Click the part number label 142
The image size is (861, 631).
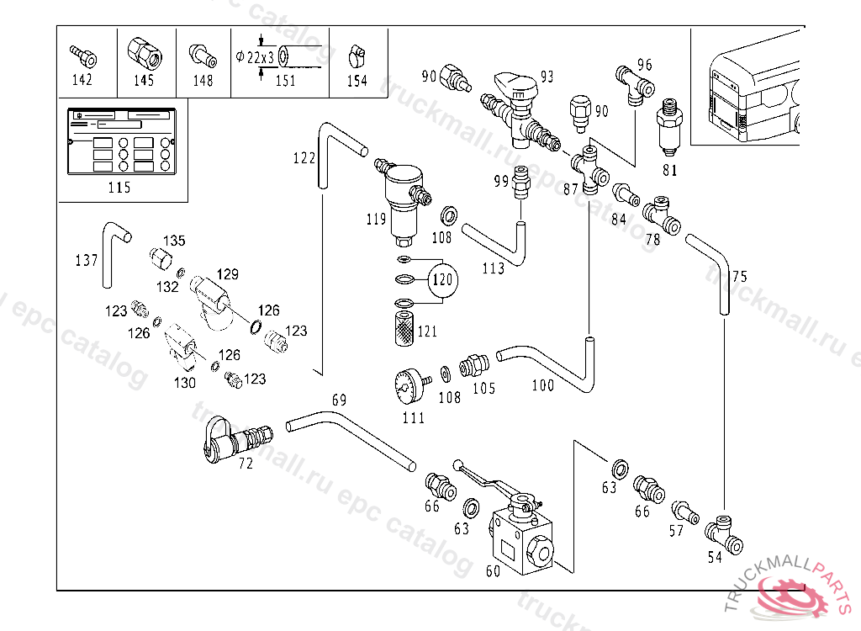tap(82, 81)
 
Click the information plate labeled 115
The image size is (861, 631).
tap(119, 141)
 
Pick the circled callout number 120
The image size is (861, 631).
tap(442, 279)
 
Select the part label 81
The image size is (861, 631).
tap(669, 170)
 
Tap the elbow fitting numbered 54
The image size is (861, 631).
tap(722, 532)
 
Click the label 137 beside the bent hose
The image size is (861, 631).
tap(87, 261)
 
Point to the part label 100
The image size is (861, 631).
tap(542, 385)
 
